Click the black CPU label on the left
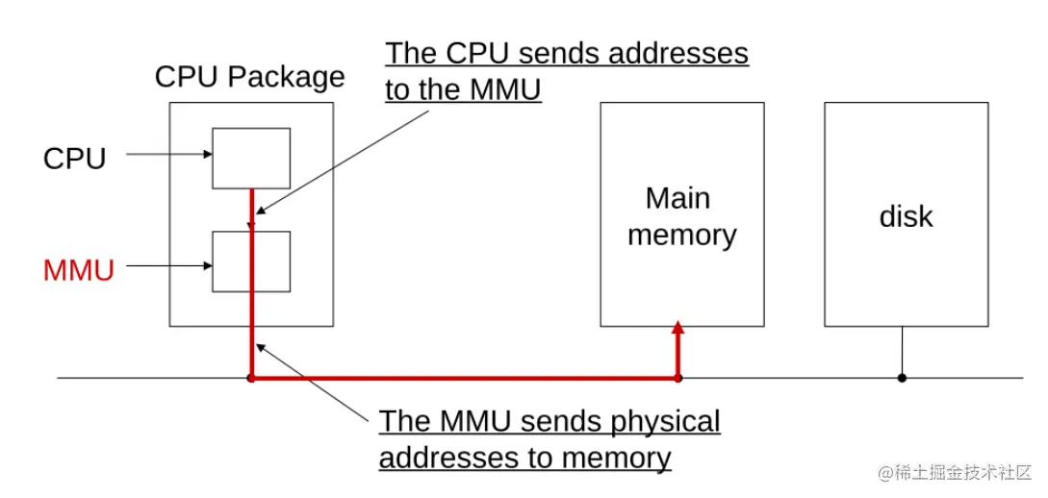(75, 159)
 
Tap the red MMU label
(79, 271)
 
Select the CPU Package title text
(250, 78)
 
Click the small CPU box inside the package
(251, 159)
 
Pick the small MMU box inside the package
(251, 261)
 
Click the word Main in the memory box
(677, 198)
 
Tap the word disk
(906, 216)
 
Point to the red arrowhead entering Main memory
(677, 327)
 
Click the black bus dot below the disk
(902, 378)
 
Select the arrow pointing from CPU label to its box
(169, 155)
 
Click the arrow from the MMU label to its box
(169, 265)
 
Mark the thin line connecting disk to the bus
(903, 352)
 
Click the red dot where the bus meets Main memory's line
(677, 378)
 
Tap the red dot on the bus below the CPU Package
(250, 378)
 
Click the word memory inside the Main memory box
(682, 235)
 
